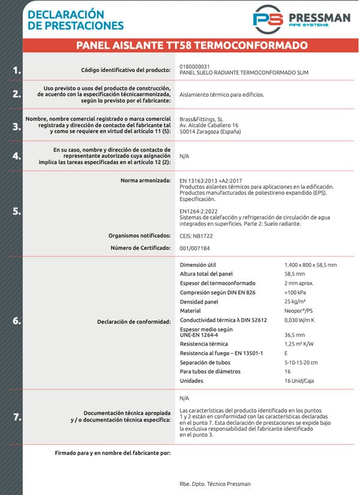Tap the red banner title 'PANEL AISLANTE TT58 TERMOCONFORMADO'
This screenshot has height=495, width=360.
(192, 46)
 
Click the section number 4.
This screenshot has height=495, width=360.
(17, 156)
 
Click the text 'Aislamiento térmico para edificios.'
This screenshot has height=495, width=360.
(221, 95)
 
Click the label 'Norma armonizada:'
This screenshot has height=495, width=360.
(146, 180)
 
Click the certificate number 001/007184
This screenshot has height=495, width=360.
(195, 248)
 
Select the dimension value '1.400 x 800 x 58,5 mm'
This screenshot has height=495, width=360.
(310, 265)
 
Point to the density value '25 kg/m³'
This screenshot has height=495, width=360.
(296, 301)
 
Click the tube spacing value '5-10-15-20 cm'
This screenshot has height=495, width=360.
(301, 362)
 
